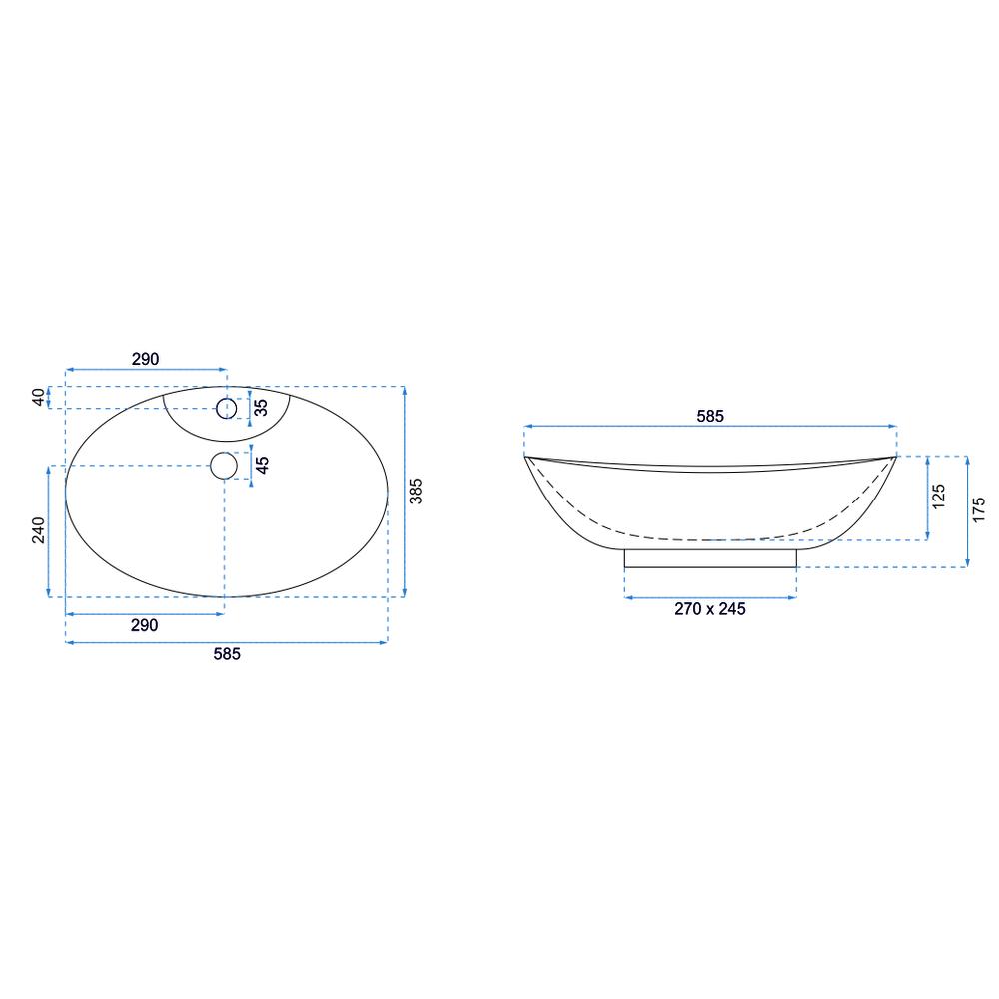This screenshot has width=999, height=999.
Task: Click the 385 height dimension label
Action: [x=416, y=492]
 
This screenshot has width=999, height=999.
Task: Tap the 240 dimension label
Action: [x=39, y=530]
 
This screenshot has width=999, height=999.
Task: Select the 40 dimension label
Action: [x=39, y=397]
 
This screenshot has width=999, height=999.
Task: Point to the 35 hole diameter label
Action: [x=261, y=408]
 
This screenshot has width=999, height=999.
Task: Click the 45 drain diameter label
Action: [x=262, y=465]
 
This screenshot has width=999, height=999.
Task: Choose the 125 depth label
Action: [x=938, y=497]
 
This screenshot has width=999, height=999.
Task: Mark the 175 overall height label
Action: [x=979, y=510]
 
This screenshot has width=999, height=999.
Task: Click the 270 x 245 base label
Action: [x=710, y=609]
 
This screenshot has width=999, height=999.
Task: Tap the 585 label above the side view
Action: [x=710, y=416]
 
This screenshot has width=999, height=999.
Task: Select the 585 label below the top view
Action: [x=227, y=654]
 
